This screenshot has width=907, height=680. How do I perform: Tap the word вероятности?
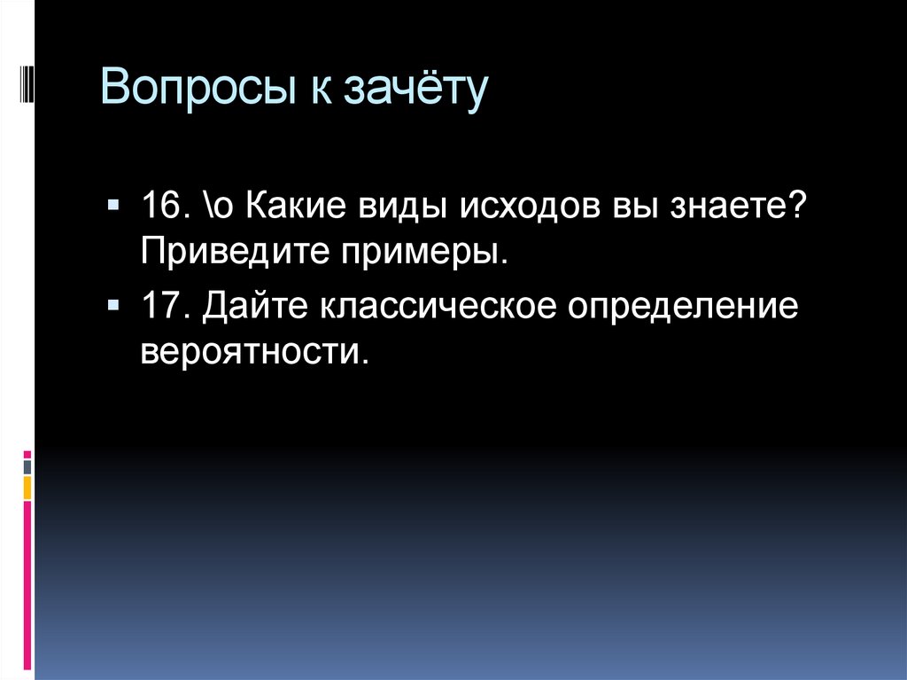pyautogui.click(x=252, y=351)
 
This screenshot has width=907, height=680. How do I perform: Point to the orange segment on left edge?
pyautogui.click(x=27, y=488)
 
